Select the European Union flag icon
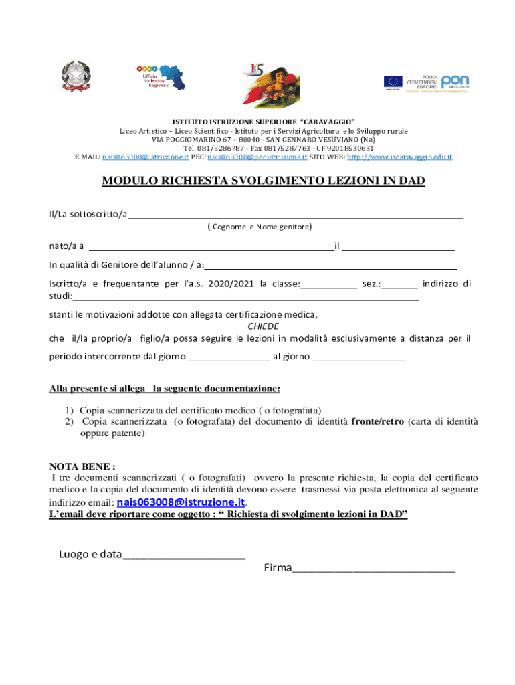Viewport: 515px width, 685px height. pos(393,82)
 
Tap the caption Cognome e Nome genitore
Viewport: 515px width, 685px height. pos(259,227)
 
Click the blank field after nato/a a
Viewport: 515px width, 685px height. pos(211,247)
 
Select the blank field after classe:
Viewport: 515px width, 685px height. pos(328,284)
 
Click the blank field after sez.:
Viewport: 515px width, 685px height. pos(400,284)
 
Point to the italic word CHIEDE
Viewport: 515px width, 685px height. pos(264,327)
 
